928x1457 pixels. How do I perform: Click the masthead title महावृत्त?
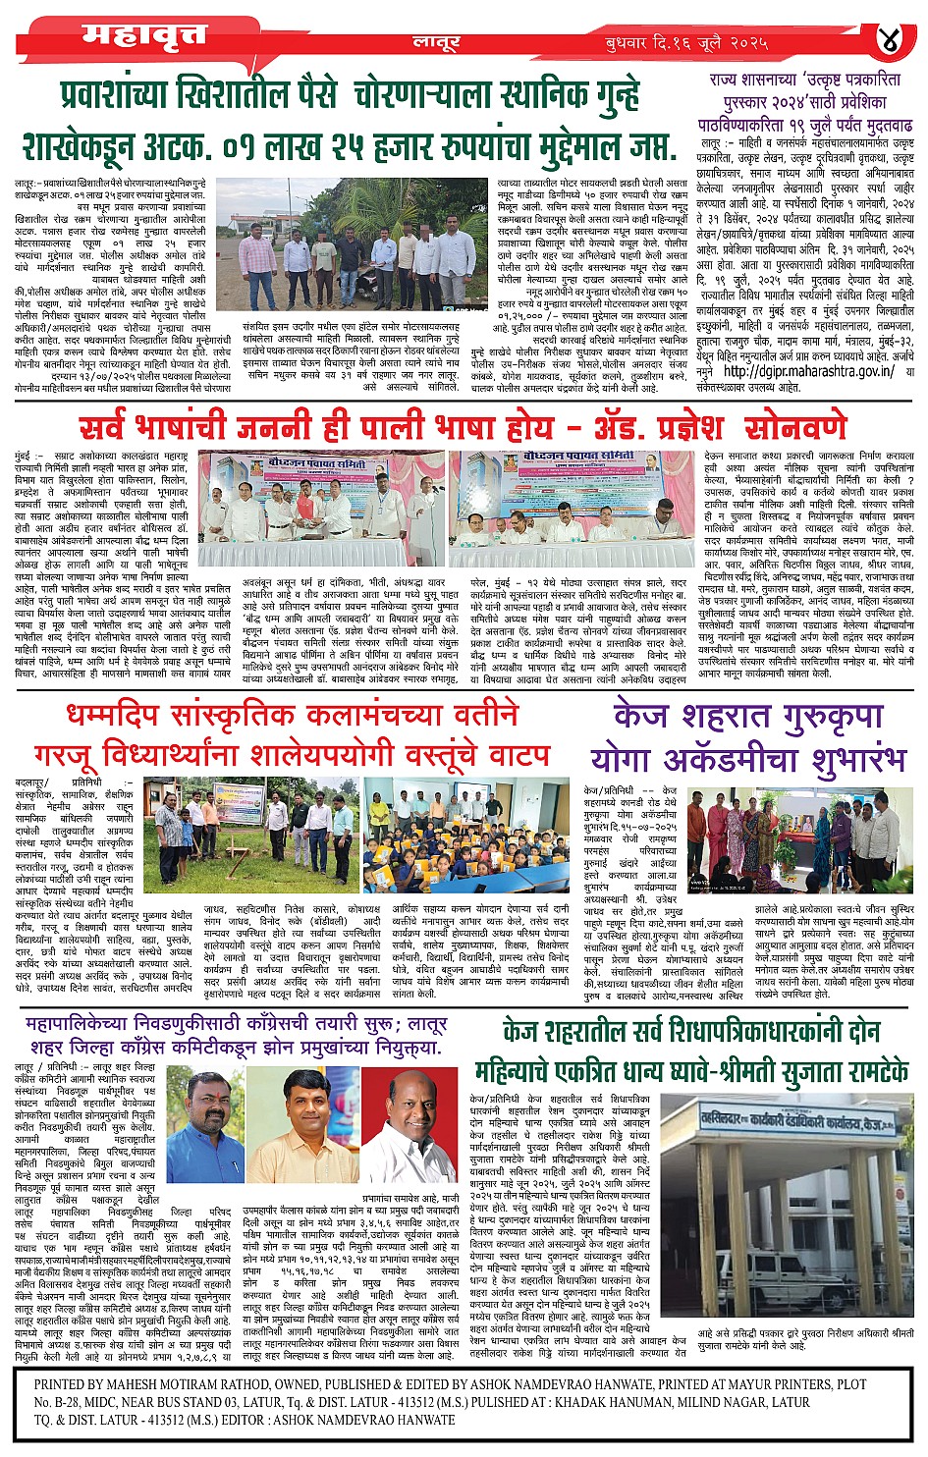[x=144, y=35]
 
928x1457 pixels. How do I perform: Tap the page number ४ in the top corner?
[x=891, y=40]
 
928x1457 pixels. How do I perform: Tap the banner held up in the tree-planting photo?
[x=239, y=803]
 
